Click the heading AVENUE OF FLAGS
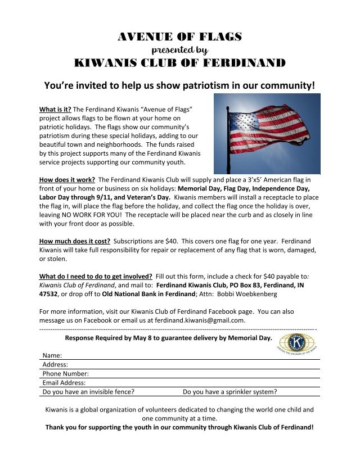(x=180, y=37)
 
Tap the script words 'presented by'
(x=180, y=49)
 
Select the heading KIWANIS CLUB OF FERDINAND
(x=180, y=62)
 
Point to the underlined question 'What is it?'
(x=55, y=109)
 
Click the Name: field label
(x=52, y=356)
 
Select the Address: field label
(x=55, y=365)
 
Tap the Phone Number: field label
(x=66, y=374)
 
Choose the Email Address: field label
(x=64, y=383)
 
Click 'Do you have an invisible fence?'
(x=88, y=392)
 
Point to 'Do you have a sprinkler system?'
(x=229, y=392)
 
